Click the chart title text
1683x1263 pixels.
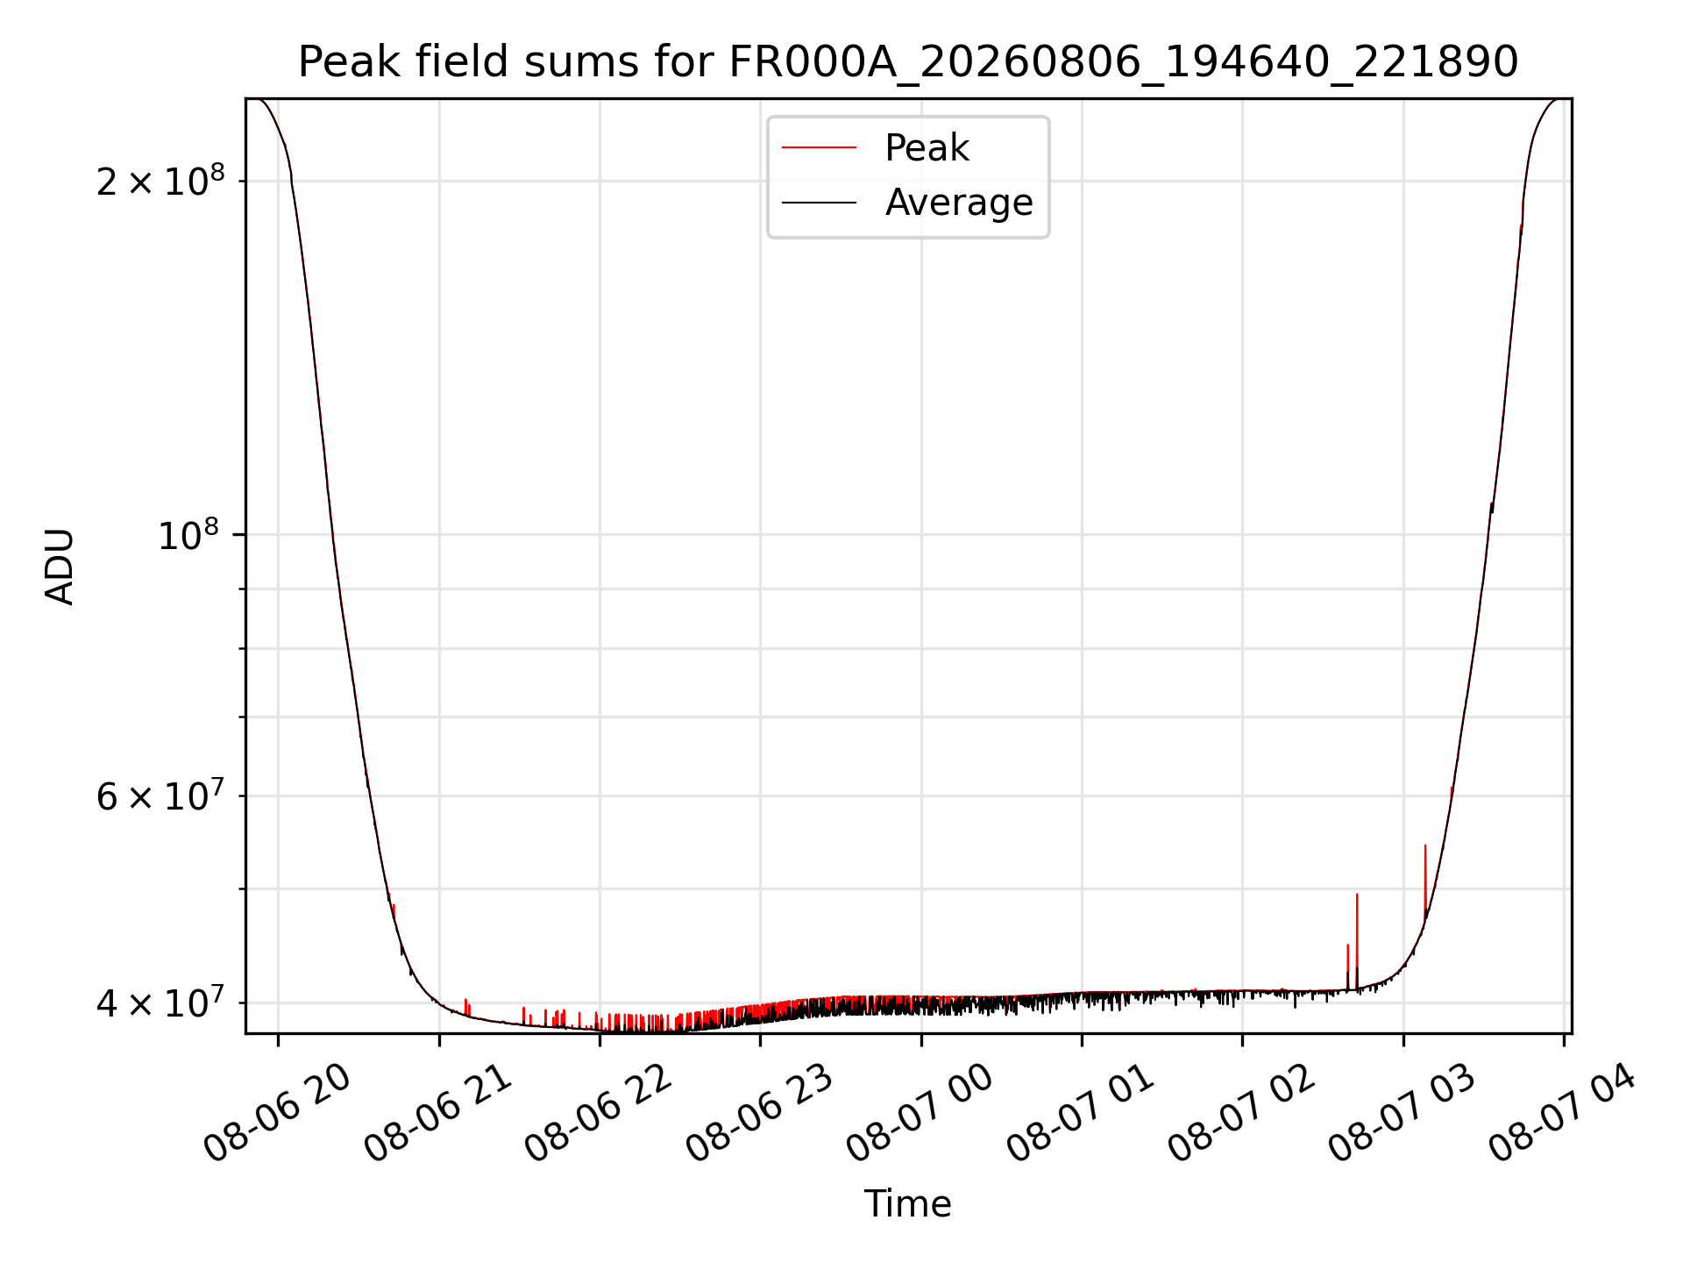[908, 62]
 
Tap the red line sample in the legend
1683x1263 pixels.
[819, 148]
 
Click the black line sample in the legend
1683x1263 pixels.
[819, 203]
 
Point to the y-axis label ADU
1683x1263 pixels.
[60, 567]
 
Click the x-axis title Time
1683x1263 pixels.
[908, 1204]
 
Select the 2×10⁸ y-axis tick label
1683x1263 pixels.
[160, 181]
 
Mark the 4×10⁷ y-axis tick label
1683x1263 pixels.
[160, 1003]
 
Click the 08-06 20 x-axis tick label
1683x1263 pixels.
[277, 1114]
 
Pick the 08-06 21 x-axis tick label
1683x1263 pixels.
[438, 1114]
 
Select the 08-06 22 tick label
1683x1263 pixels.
[599, 1114]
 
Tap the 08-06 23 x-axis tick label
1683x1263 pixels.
[759, 1114]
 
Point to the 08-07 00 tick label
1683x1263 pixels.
[920, 1114]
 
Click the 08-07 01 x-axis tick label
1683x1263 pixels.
[1081, 1114]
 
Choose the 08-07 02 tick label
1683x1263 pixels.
[1241, 1114]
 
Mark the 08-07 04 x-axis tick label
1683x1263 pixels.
[1563, 1114]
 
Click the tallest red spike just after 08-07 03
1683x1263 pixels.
[1425, 881]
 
